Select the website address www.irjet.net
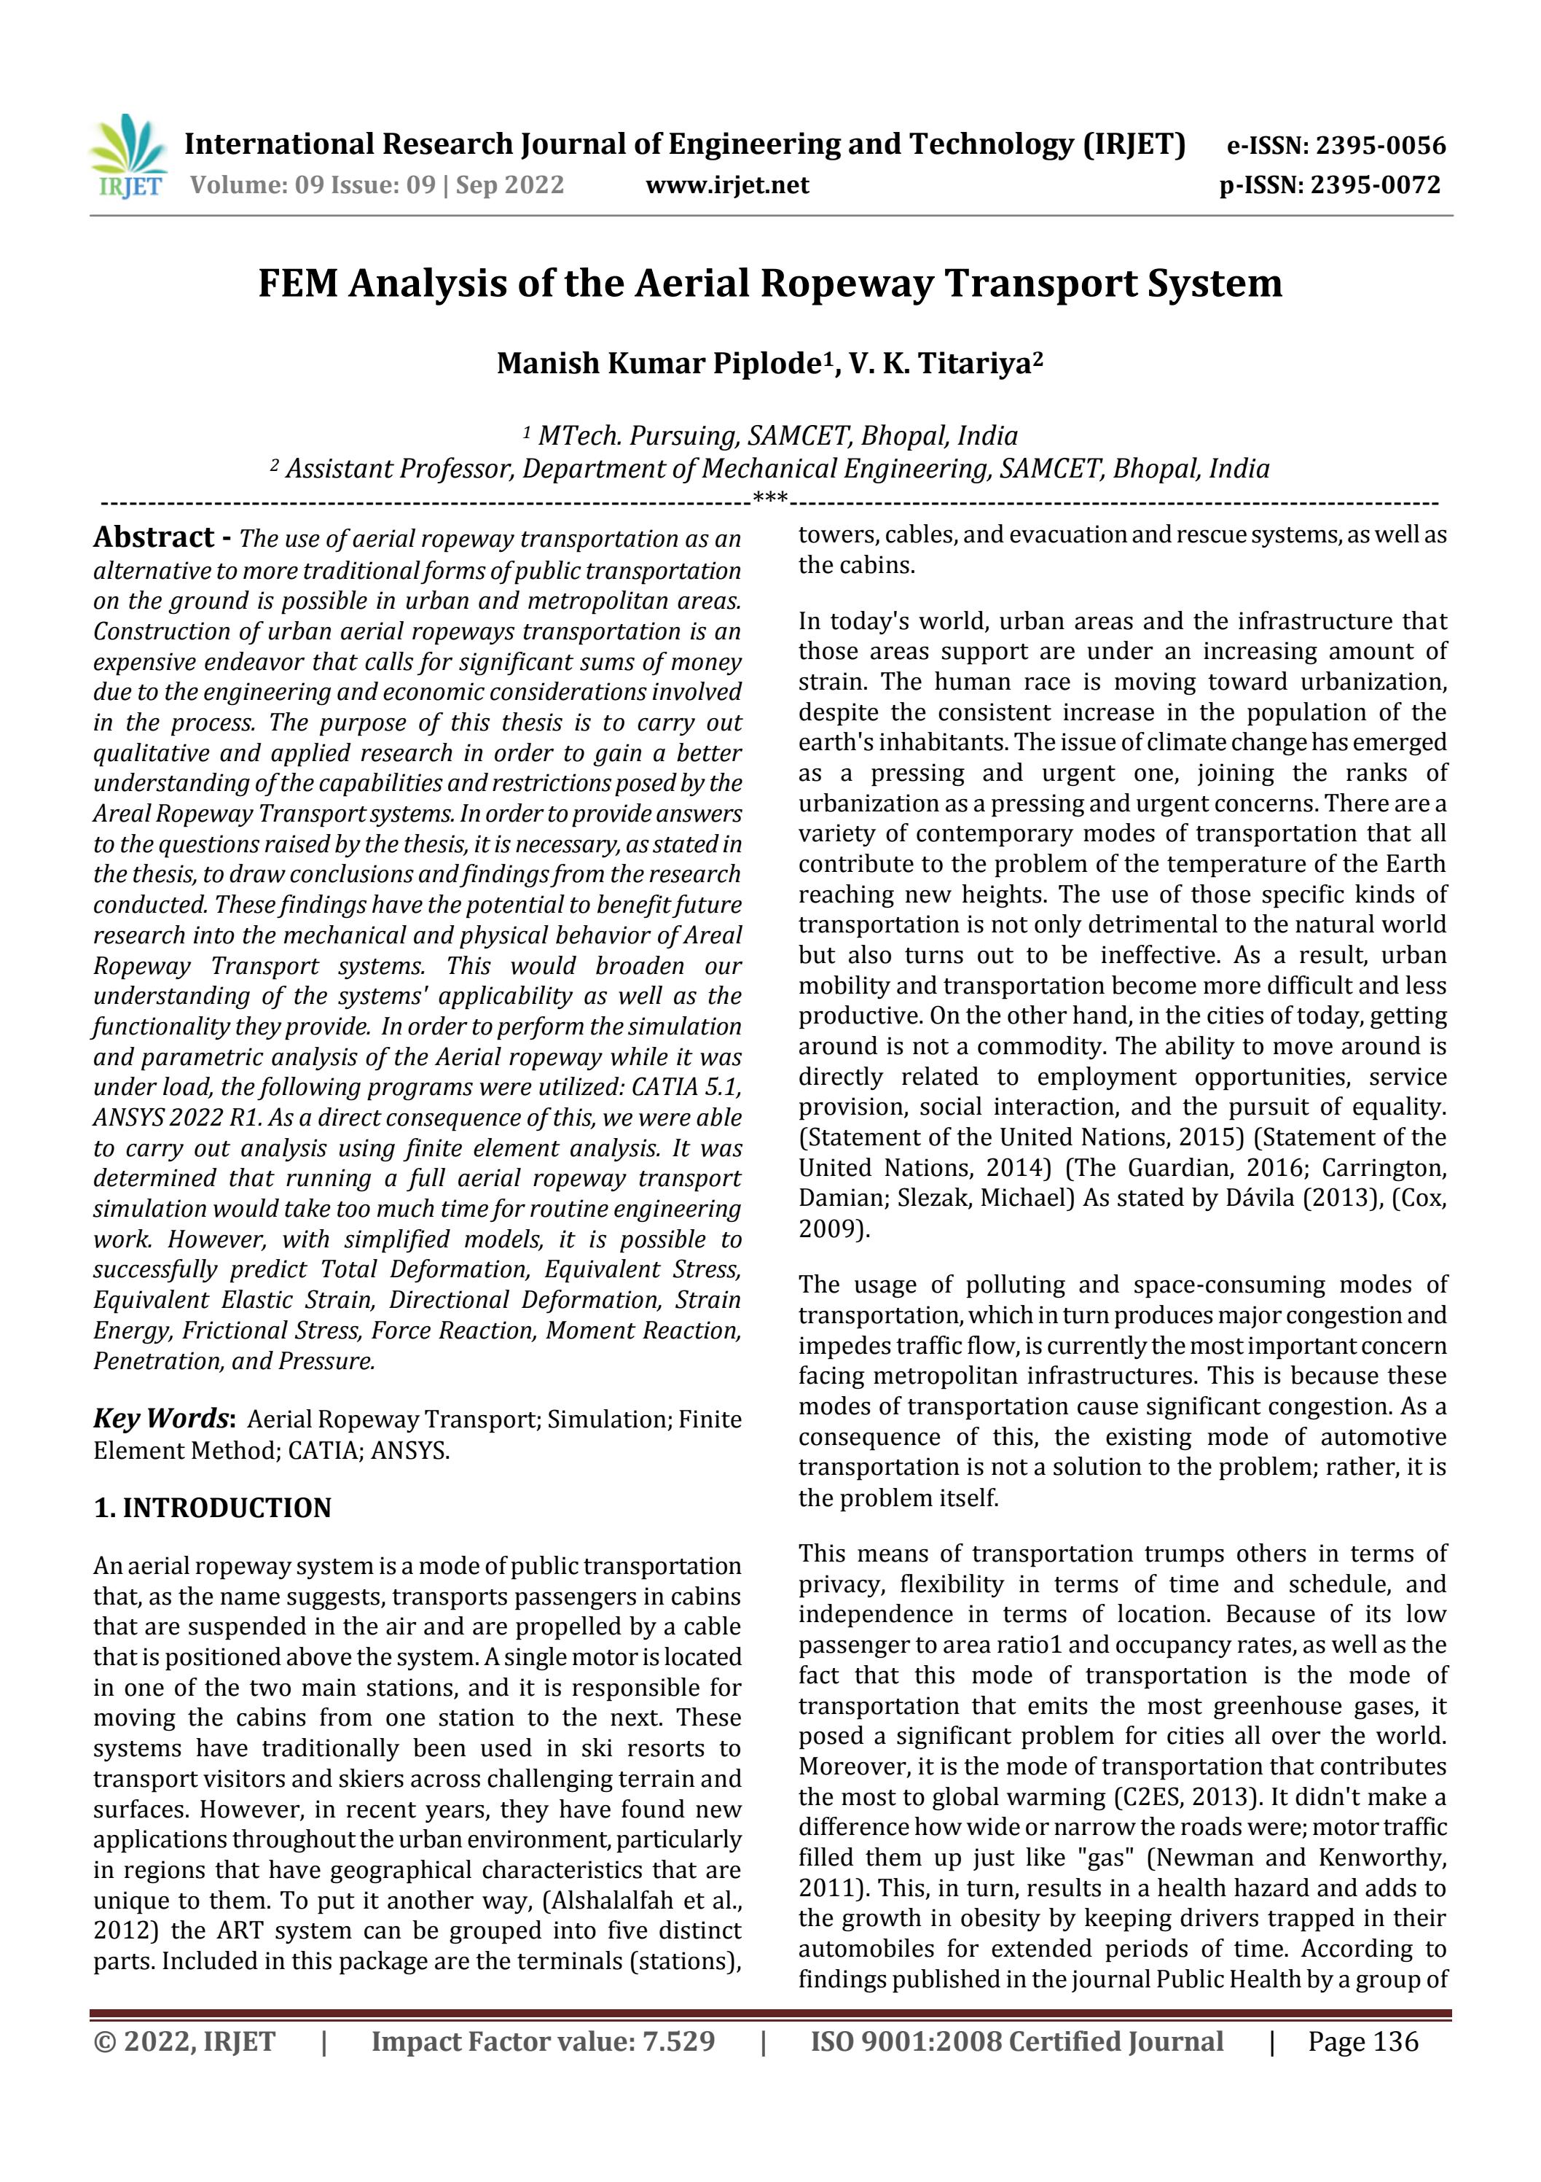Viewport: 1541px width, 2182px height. click(727, 184)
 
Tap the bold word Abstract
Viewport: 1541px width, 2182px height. click(154, 538)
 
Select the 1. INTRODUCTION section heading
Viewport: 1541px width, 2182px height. click(212, 1508)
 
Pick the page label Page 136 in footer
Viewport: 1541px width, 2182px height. click(1362, 2041)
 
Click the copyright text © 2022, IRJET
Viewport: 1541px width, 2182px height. click(184, 2041)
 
